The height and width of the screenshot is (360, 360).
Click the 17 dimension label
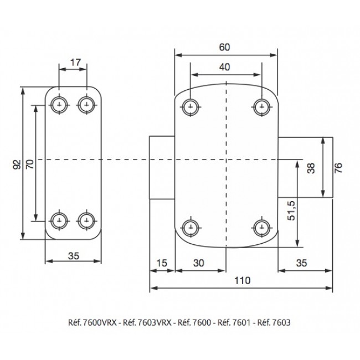tap(75, 62)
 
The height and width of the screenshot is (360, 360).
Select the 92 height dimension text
tap(17, 164)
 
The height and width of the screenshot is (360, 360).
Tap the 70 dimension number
tap(30, 164)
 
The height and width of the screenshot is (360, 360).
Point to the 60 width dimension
tap(224, 47)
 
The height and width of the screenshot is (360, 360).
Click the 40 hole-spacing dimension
tap(224, 67)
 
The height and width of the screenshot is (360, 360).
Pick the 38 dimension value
tap(311, 168)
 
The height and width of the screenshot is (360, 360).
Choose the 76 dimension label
tap(338, 168)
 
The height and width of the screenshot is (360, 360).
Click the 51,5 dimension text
tap(291, 210)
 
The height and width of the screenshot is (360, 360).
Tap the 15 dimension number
tap(162, 263)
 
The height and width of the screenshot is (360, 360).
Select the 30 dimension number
tap(199, 263)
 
